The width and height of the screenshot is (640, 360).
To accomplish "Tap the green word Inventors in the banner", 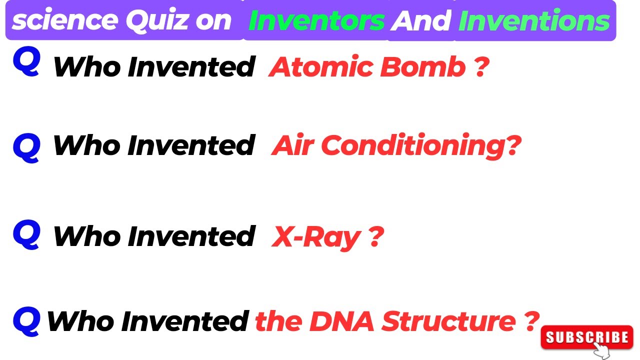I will point(316,20).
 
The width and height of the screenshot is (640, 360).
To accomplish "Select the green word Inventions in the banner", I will point(534,20).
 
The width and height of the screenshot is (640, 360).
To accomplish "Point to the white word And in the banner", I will point(421,20).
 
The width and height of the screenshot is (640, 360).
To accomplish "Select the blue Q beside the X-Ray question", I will point(26,235).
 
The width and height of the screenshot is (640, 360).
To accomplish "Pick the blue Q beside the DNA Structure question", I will point(26,320).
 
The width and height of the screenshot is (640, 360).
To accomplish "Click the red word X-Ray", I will point(316,237).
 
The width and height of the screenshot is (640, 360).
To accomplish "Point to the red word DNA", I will point(341,321).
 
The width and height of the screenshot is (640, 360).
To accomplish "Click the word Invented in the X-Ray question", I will point(191,236).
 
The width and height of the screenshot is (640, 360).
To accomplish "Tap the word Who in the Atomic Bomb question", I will point(87,67).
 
